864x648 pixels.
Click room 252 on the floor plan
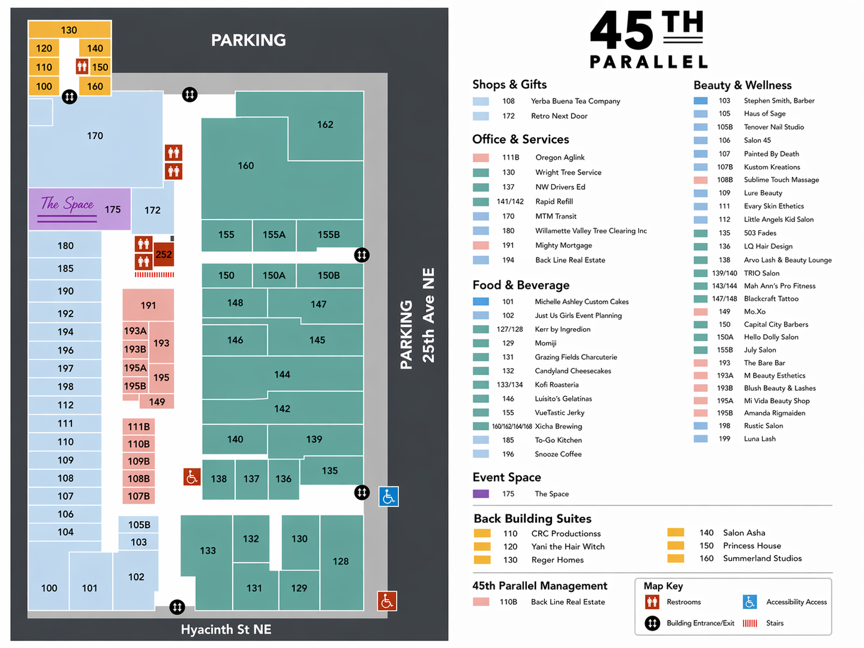click(x=163, y=255)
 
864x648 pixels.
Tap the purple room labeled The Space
click(x=79, y=209)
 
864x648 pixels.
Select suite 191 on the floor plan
click(x=148, y=305)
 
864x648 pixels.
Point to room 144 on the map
click(x=282, y=375)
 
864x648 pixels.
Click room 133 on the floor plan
click(x=208, y=550)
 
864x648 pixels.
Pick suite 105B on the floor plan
click(x=139, y=524)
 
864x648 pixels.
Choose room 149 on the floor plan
click(x=157, y=402)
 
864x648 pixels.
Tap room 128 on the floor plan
click(x=341, y=561)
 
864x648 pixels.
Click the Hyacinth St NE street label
click(x=226, y=630)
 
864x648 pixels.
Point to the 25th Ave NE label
click(x=428, y=315)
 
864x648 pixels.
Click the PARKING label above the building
click(x=248, y=40)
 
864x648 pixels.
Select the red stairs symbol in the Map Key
click(x=750, y=623)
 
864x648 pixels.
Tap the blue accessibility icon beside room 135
click(x=388, y=496)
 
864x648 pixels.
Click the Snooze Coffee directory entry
click(x=558, y=454)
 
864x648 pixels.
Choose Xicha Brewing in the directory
click(x=558, y=426)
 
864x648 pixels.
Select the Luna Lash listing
click(x=760, y=439)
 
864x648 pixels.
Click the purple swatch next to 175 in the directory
click(x=480, y=493)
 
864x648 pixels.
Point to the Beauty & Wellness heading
click(x=742, y=85)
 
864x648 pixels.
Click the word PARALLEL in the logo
click(x=649, y=61)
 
